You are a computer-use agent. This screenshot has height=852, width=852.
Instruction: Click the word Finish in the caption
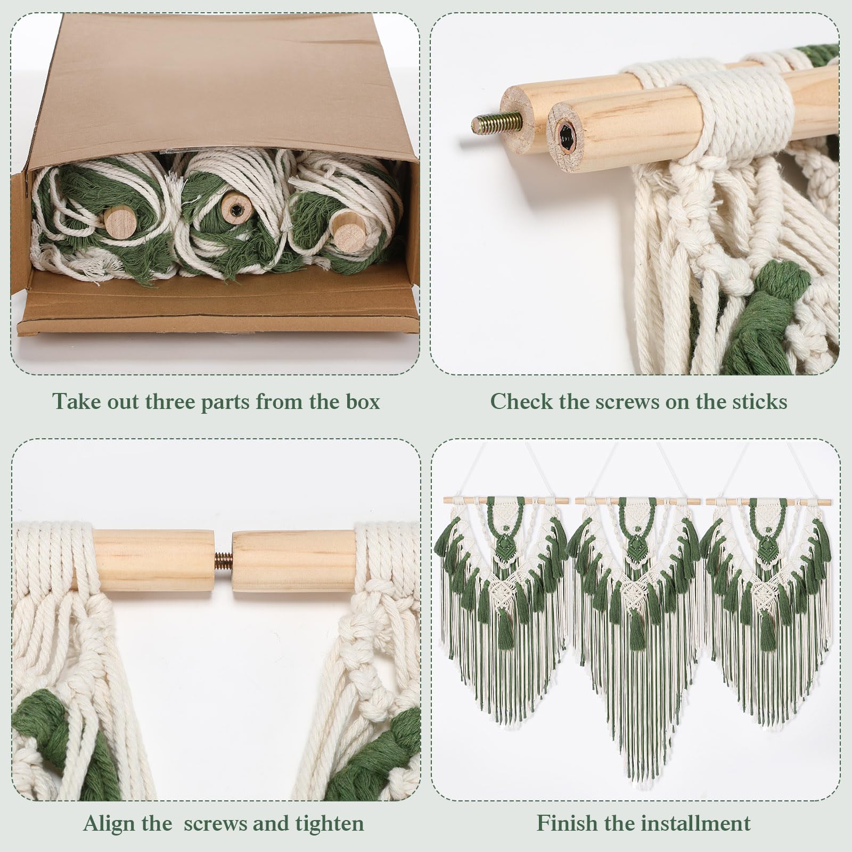tap(567, 823)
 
